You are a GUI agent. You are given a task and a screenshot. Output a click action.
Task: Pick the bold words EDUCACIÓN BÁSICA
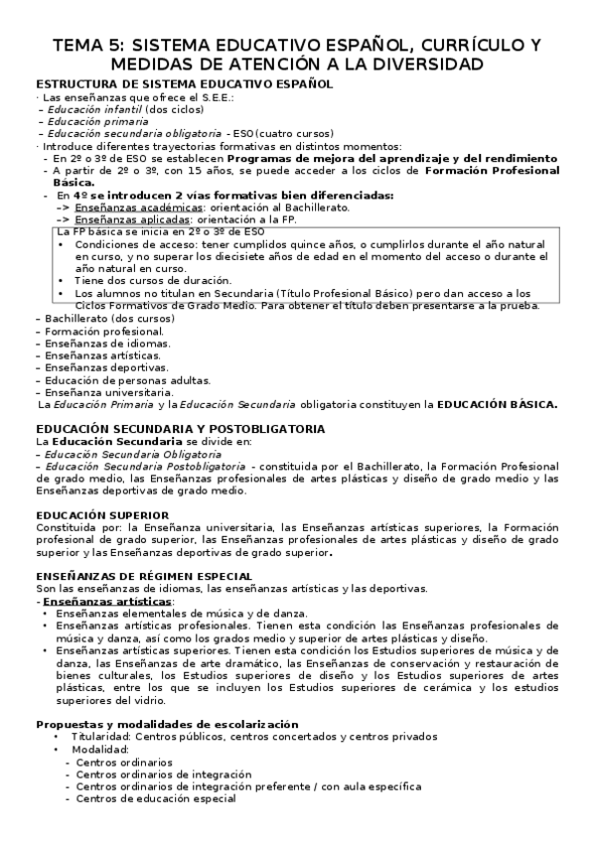(498, 404)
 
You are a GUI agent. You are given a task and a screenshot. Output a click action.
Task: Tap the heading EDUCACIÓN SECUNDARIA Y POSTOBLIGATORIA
(179, 428)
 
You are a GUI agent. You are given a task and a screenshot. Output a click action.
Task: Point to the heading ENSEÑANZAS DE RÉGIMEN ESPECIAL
(143, 575)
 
